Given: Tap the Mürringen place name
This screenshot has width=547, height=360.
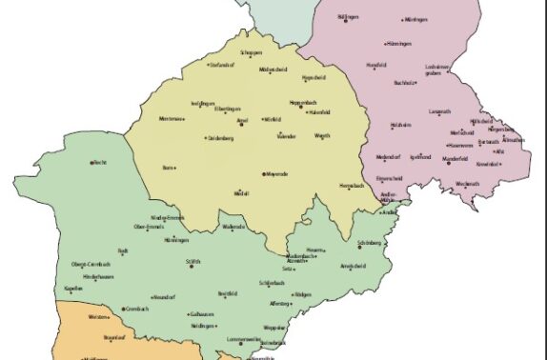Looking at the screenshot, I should [415, 19].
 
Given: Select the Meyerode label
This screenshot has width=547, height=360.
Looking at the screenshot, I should [275, 175].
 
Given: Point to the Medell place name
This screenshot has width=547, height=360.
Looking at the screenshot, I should [242, 193].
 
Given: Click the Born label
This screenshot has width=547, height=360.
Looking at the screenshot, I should [168, 168].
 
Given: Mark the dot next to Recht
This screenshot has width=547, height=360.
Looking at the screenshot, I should [92, 163].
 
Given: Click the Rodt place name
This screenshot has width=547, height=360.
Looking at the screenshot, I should [123, 250].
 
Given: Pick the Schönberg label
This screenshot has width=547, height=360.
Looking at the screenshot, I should [370, 244].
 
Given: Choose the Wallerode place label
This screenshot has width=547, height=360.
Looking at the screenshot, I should [233, 227].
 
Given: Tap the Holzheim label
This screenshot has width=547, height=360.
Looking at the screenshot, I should [400, 125].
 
